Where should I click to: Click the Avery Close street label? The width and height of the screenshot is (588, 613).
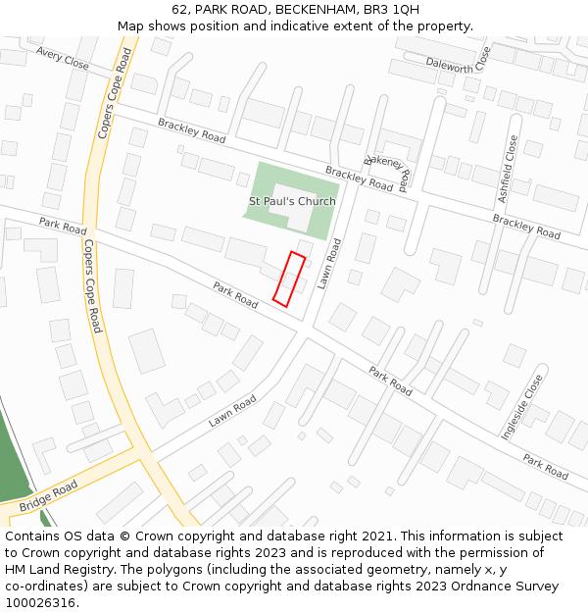coord(62,58)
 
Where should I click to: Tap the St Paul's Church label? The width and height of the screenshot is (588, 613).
coord(292,201)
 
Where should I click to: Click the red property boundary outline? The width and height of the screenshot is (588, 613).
coord(289,280)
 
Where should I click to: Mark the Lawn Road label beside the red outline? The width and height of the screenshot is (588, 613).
coord(334,264)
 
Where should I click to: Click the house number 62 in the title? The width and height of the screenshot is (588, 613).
coord(179,10)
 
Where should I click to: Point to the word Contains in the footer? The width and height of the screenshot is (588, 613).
coord(33,536)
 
